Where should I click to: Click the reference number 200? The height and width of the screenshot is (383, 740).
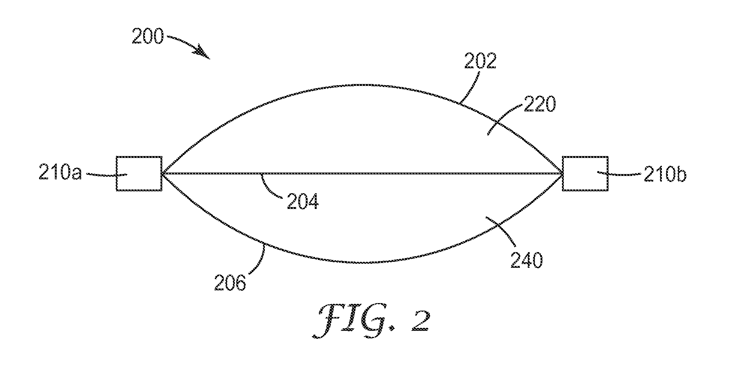click(x=148, y=38)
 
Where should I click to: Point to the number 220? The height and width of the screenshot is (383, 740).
click(x=539, y=105)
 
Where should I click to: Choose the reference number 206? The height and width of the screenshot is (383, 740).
click(x=230, y=284)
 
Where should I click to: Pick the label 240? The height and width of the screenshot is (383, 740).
click(x=527, y=261)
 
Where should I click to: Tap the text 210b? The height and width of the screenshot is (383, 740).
click(x=665, y=175)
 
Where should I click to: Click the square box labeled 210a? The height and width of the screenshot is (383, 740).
click(x=139, y=174)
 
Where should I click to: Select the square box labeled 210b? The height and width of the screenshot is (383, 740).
click(x=585, y=174)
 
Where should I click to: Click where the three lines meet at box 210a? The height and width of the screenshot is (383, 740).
click(x=162, y=174)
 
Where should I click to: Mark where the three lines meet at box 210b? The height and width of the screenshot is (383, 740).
click(x=562, y=174)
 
